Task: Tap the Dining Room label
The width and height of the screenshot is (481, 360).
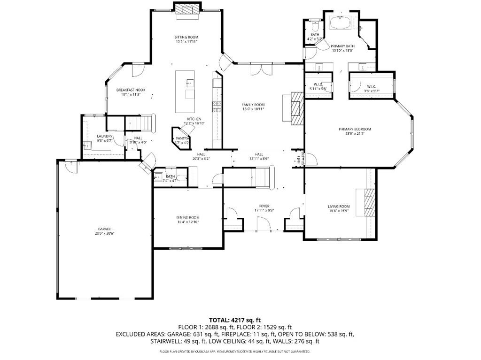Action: [x=188, y=217]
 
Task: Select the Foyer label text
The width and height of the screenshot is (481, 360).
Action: [x=264, y=206]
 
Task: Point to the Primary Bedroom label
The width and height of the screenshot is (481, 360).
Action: [x=355, y=129]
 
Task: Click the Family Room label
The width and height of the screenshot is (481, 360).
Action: [x=253, y=105]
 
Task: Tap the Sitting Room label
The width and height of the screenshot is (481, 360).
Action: [x=186, y=37]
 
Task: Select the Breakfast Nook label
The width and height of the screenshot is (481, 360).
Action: [x=131, y=90]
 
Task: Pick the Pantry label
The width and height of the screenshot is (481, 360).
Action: [x=182, y=138]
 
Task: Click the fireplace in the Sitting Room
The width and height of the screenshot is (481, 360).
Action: [x=187, y=9]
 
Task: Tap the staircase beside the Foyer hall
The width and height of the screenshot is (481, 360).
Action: [x=260, y=177]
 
